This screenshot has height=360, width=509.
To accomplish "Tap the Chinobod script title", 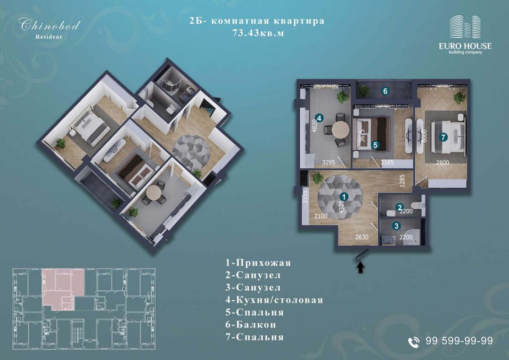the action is (49, 25).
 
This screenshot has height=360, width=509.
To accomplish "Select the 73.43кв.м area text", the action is (258, 33).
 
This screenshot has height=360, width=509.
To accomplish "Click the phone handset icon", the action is (414, 342).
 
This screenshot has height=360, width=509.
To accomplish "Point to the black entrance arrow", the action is (361, 268).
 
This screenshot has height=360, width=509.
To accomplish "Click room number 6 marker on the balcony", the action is (386, 91).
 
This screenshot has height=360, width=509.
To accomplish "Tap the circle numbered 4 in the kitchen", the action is (319, 118).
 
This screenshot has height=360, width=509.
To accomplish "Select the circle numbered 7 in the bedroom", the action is (443, 137).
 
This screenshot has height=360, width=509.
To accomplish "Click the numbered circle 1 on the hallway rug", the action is (344, 196).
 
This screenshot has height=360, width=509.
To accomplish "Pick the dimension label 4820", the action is (314, 126).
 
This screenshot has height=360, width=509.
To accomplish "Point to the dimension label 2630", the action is (361, 237).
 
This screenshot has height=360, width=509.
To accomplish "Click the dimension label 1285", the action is (402, 181).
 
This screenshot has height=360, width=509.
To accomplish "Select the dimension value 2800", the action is (443, 163).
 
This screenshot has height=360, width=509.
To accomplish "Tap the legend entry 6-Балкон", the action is (251, 325).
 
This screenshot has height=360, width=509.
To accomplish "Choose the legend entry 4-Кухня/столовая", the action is (274, 300).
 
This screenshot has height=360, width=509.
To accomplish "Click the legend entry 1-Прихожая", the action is (258, 262).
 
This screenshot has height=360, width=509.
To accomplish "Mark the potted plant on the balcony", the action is (364, 90).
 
